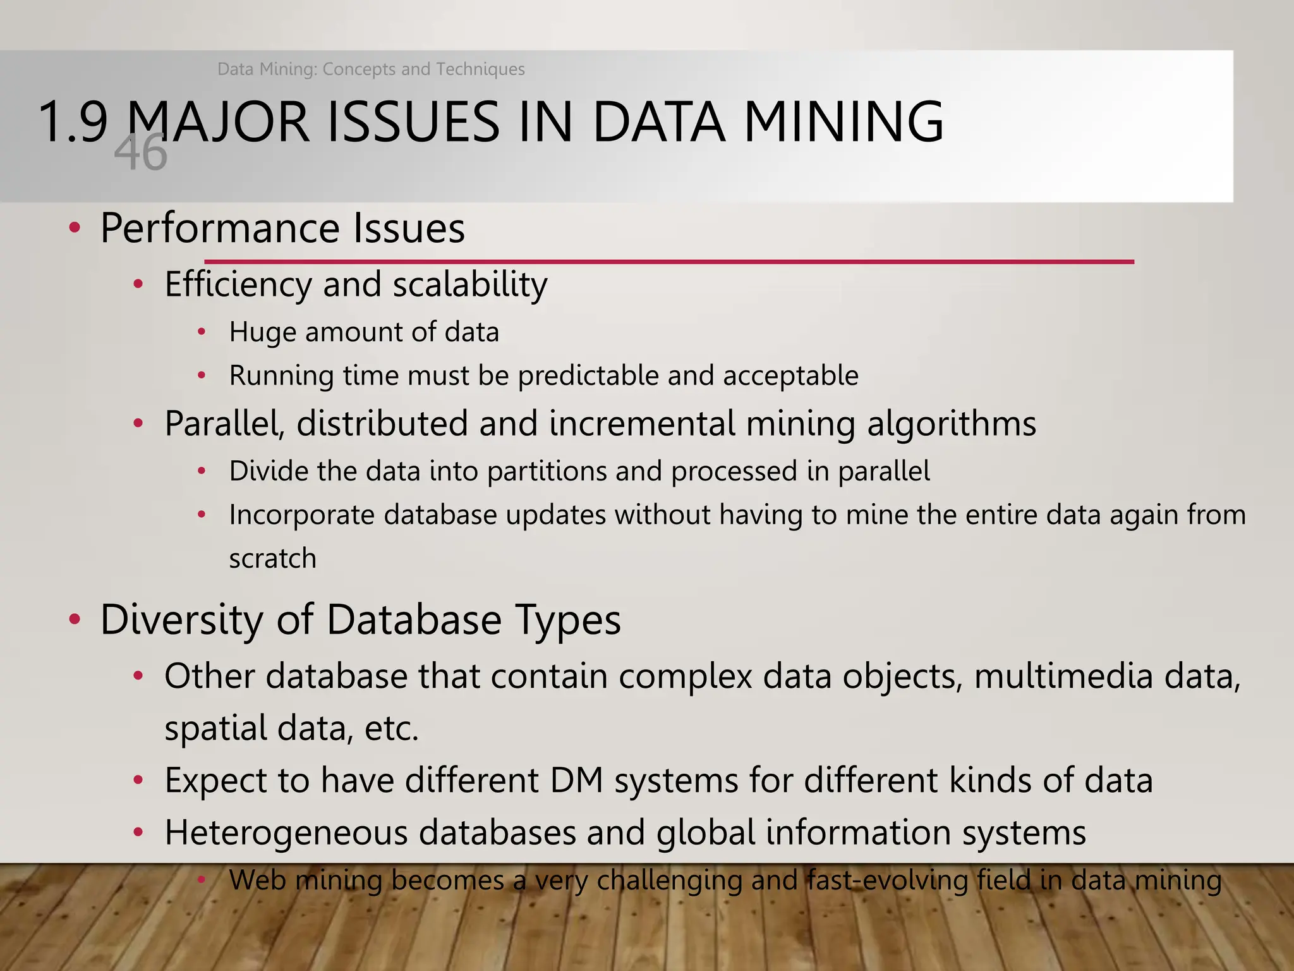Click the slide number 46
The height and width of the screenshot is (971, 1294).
click(x=141, y=154)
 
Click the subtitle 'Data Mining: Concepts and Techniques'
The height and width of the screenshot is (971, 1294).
click(x=371, y=69)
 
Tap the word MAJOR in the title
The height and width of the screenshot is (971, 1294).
click(x=219, y=121)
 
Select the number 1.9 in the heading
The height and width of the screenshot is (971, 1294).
click(x=73, y=121)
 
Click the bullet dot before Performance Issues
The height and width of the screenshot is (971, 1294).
click(x=75, y=228)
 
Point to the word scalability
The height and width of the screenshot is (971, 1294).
click(x=470, y=284)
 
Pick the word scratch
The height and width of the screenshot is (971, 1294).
click(x=272, y=559)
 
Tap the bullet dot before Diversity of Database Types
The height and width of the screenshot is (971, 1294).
click(x=75, y=620)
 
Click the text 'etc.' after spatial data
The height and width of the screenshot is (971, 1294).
click(x=392, y=728)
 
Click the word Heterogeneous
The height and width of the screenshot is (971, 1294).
click(x=286, y=833)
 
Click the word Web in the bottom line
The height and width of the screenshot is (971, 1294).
click(x=257, y=880)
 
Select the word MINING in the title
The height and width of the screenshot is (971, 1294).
click(x=844, y=121)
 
